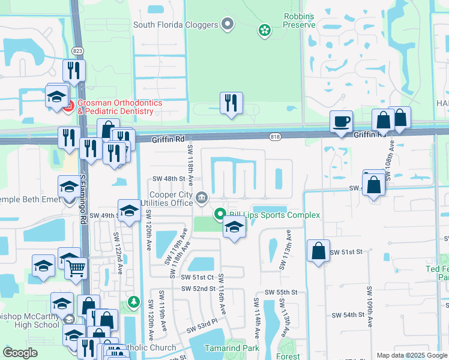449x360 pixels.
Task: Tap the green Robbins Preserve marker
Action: tap(264, 29)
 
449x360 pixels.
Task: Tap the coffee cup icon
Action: tap(342, 122)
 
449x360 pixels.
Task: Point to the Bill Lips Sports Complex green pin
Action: tap(220, 214)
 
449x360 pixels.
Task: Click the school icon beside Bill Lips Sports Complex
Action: tap(234, 227)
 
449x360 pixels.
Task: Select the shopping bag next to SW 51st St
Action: tap(318, 251)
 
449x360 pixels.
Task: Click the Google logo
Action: tap(20, 353)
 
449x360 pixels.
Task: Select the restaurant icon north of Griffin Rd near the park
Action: tap(231, 103)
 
